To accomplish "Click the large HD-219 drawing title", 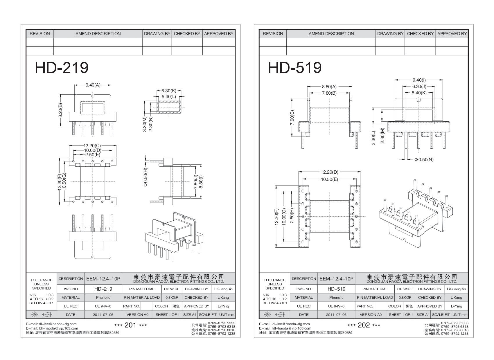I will (62, 68).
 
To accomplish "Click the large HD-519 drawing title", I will (295, 68).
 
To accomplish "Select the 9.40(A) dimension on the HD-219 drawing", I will (93, 85).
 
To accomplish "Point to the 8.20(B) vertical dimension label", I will (60, 110).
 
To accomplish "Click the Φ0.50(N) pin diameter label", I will (424, 159).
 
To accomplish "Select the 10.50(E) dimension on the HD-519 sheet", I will (329, 179).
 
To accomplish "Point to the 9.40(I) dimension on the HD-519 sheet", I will (419, 80).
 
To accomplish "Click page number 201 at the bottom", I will (130, 325).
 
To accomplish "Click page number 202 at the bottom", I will (364, 325).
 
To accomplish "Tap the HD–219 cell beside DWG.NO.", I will (103, 289).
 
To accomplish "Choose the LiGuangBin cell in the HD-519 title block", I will (456, 289).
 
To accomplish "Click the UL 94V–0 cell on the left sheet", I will (103, 306).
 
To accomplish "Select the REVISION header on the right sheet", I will (273, 34).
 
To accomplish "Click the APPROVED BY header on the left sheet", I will (219, 34).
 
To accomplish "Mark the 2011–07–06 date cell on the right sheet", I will (336, 314).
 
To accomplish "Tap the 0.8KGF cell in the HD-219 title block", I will (172, 297).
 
